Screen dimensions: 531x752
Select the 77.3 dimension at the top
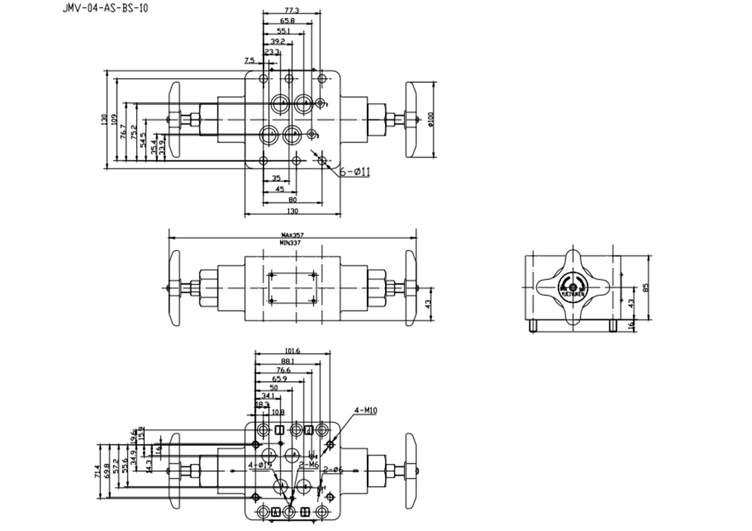pos(292,11)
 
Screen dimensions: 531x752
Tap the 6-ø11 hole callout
pos(354,171)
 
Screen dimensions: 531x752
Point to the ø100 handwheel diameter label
pos(430,120)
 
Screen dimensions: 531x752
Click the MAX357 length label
pos(292,235)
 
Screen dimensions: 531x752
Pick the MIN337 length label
pos(292,243)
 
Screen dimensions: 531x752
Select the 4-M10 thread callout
pos(365,411)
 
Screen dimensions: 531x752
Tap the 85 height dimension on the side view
pos(646,288)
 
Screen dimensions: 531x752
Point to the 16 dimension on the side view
pos(630,324)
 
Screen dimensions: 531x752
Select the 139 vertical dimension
pos(104,120)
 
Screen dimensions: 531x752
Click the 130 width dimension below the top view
pos(292,211)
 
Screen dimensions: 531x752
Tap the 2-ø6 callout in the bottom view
pos(333,470)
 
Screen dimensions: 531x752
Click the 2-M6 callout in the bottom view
pos(308,465)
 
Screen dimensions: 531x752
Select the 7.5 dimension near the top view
pos(250,61)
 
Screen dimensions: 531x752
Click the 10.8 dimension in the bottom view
pos(277,412)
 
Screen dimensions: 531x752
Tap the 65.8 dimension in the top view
pos(286,21)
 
